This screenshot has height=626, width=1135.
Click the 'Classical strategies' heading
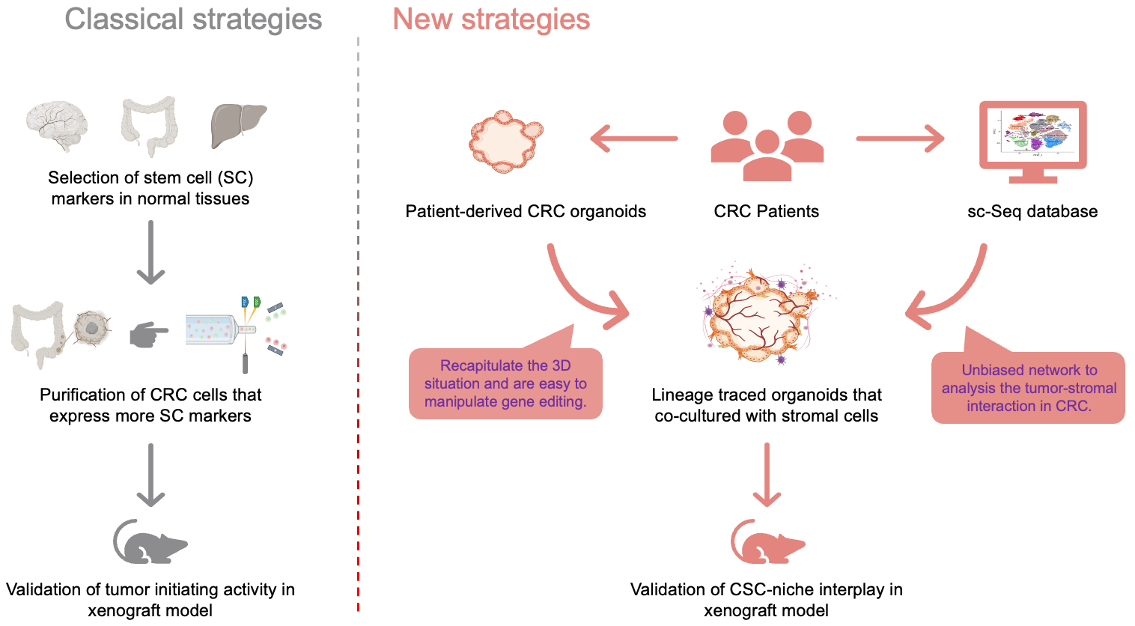193,19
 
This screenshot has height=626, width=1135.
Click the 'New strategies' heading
491,19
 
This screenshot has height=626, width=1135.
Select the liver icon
238,124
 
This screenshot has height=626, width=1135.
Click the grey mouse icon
150,542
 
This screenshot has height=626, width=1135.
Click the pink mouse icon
767,542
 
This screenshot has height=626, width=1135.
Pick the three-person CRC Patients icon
767,145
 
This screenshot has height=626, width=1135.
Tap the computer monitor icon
1032,142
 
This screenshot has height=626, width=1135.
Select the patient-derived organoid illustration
505,141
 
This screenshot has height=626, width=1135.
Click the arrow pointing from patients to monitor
900,139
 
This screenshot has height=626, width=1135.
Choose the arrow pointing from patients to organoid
634,139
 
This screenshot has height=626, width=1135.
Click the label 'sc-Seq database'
1032,212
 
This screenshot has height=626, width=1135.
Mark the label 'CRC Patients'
766,212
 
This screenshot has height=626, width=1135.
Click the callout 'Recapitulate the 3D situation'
505,383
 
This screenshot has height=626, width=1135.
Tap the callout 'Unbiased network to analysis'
1029,388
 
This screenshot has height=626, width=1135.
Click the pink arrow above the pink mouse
767,475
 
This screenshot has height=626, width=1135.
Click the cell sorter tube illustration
220,330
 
